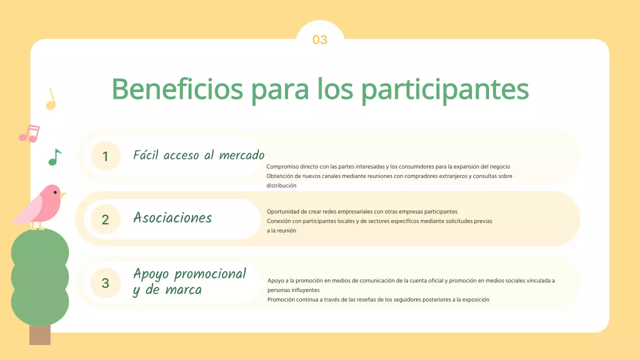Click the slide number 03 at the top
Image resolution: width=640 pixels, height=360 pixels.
[319, 40]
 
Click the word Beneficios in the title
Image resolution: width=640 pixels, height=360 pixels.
[177, 89]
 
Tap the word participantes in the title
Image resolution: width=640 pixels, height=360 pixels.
[444, 89]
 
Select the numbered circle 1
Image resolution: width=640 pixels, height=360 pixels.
[105, 156]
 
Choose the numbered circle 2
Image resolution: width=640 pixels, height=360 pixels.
[105, 219]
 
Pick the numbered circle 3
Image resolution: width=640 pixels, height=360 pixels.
[105, 283]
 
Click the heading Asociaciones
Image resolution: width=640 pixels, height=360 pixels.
[172, 218]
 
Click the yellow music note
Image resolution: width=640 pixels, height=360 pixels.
[50, 100]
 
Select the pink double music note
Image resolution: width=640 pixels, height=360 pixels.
[29, 133]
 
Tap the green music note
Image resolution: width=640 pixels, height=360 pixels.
[54, 157]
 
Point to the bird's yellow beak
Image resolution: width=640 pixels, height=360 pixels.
[63, 194]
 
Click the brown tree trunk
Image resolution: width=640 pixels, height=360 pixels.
[40, 335]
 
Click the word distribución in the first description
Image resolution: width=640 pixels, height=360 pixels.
[281, 185]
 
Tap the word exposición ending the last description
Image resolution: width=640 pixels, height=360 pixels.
[475, 299]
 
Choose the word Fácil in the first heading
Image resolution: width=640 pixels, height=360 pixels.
[146, 155]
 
